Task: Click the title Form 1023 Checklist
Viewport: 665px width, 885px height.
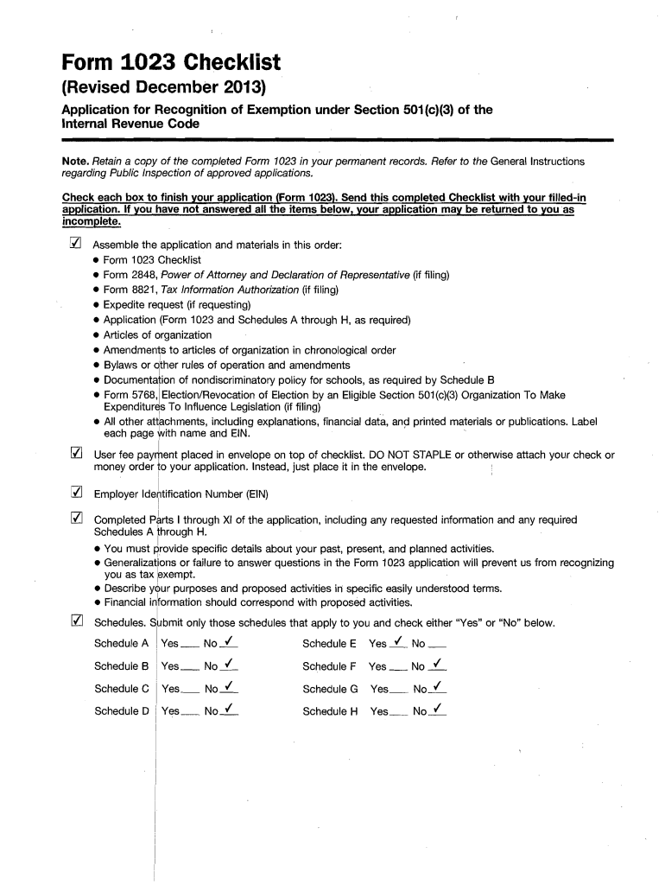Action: tap(169, 62)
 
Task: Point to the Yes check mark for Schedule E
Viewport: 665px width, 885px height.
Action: tap(399, 643)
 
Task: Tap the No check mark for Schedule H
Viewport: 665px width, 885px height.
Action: tap(439, 710)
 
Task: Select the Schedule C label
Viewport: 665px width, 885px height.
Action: tap(122, 689)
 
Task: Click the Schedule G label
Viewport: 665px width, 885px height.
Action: tap(330, 689)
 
